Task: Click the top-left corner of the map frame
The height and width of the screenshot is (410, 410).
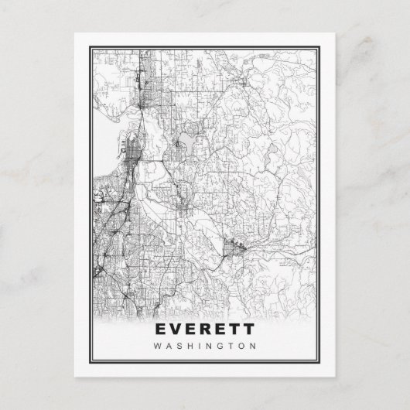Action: click(x=90, y=48)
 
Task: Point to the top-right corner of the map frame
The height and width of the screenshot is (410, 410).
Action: click(x=319, y=48)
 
